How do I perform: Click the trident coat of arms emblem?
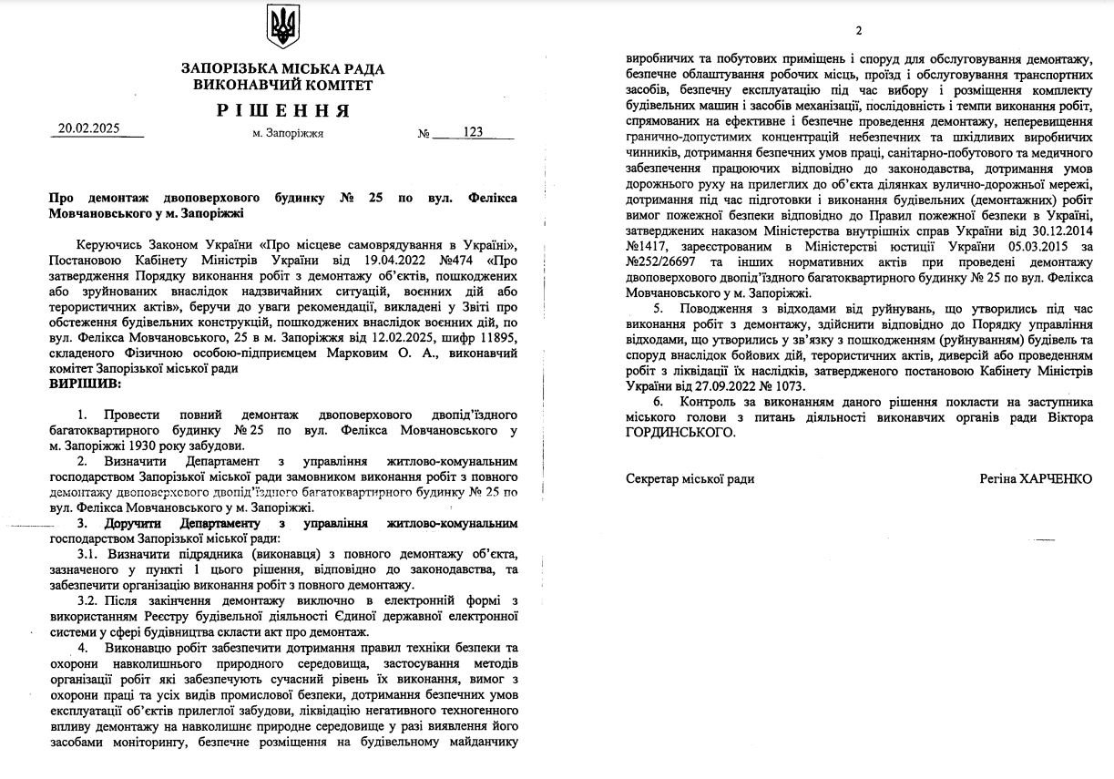click(283, 26)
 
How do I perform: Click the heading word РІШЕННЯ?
click(283, 110)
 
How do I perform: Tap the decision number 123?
click(473, 132)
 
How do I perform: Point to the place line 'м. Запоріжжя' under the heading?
click(288, 133)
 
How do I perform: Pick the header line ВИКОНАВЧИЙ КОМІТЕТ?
click(283, 85)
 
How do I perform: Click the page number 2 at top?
click(858, 31)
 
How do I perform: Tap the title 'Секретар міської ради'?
click(690, 478)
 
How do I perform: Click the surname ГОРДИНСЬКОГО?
click(680, 433)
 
